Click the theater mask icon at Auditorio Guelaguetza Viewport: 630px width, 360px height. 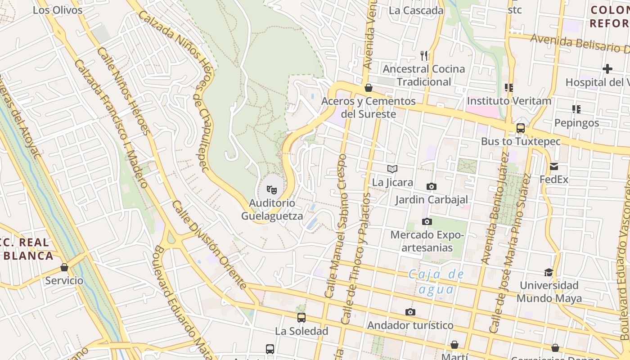(x=271, y=190)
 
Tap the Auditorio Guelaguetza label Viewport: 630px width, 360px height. (x=272, y=210)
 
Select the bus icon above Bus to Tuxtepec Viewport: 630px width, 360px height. (x=521, y=128)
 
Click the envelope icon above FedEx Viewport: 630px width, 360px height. (x=553, y=166)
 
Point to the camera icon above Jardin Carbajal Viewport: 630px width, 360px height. (x=431, y=186)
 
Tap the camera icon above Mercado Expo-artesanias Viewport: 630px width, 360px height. (x=427, y=221)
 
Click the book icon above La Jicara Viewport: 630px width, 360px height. (x=392, y=169)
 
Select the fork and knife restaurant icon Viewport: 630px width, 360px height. (x=424, y=56)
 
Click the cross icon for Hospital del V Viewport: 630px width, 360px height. (x=607, y=69)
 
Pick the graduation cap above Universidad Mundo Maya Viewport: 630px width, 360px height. (x=549, y=272)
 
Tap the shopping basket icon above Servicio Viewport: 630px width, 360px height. (x=64, y=267)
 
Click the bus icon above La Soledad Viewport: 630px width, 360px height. (x=301, y=318)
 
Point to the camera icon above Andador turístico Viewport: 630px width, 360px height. (x=410, y=312)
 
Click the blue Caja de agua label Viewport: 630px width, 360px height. (x=436, y=282)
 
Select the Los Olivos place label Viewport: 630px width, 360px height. (x=58, y=10)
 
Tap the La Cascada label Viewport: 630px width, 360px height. (x=416, y=10)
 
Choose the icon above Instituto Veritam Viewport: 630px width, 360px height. (x=509, y=88)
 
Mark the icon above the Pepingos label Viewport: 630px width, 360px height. (x=576, y=109)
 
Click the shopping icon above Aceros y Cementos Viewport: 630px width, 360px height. (x=368, y=88)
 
